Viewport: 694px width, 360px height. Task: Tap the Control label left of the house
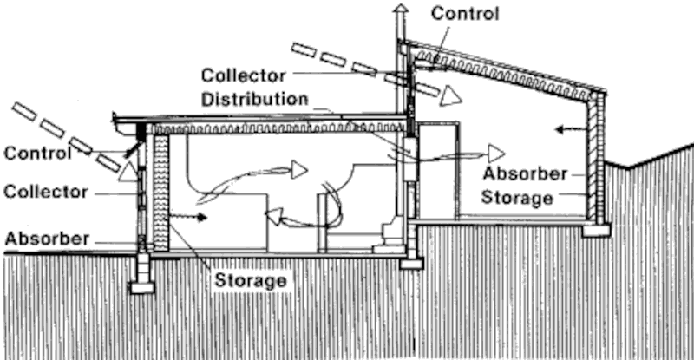37,154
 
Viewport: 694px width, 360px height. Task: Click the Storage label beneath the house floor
252,280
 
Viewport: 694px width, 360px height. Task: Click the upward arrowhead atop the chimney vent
400,10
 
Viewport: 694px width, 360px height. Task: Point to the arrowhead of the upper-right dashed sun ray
449,95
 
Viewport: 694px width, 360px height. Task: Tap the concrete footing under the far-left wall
141,286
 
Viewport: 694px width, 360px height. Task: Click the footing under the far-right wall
596,231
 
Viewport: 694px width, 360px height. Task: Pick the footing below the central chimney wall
410,263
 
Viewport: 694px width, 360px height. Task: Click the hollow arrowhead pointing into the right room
495,154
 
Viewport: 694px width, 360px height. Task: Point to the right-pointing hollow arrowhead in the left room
298,168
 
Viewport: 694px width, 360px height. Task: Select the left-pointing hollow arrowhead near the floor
273,216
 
